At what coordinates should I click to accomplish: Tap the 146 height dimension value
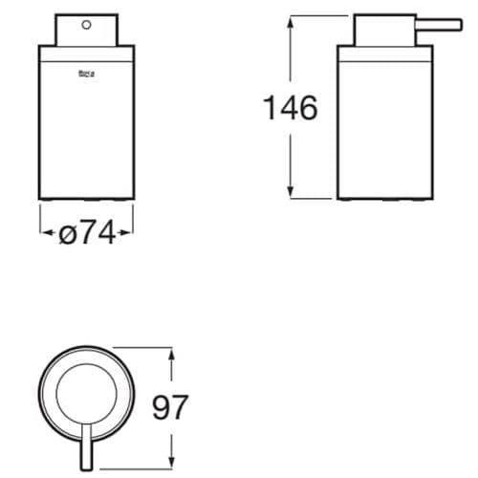coord(290,108)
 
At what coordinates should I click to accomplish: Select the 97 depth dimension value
coord(172,409)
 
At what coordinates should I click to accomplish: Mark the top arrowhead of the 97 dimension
coord(172,353)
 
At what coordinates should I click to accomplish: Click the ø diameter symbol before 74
coord(67,233)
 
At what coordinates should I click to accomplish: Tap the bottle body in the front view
coord(87,124)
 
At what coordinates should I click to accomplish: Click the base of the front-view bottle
coord(87,196)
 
